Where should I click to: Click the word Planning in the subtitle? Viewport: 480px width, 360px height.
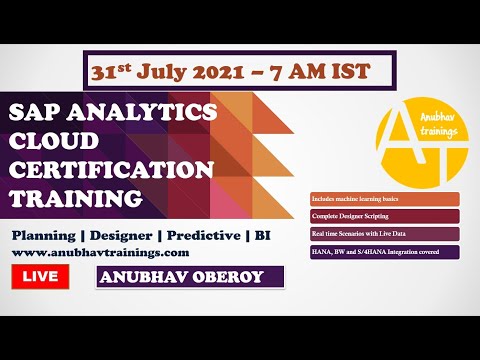(45, 234)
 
